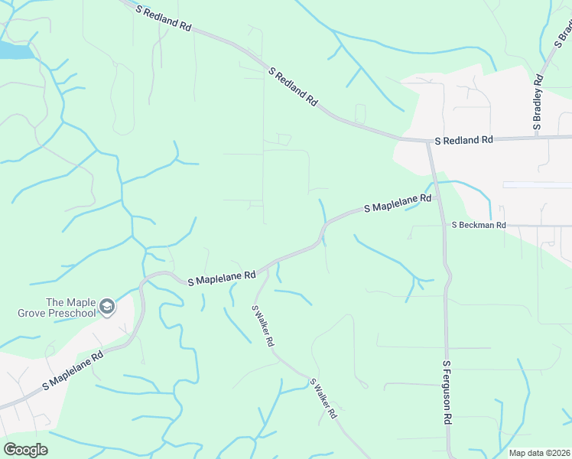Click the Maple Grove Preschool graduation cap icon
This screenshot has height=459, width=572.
[107, 307]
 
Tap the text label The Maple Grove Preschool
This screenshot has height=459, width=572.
[60, 308]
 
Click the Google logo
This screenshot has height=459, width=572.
[25, 450]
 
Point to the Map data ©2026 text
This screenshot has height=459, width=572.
[539, 453]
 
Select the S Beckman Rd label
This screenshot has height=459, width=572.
[479, 226]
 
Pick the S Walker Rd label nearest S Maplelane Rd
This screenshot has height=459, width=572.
[262, 326]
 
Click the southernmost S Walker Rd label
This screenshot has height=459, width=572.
[323, 399]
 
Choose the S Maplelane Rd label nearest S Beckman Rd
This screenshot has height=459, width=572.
[398, 203]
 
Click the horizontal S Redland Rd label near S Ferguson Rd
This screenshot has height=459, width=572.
[464, 141]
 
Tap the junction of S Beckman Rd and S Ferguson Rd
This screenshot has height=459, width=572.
[443, 226]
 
